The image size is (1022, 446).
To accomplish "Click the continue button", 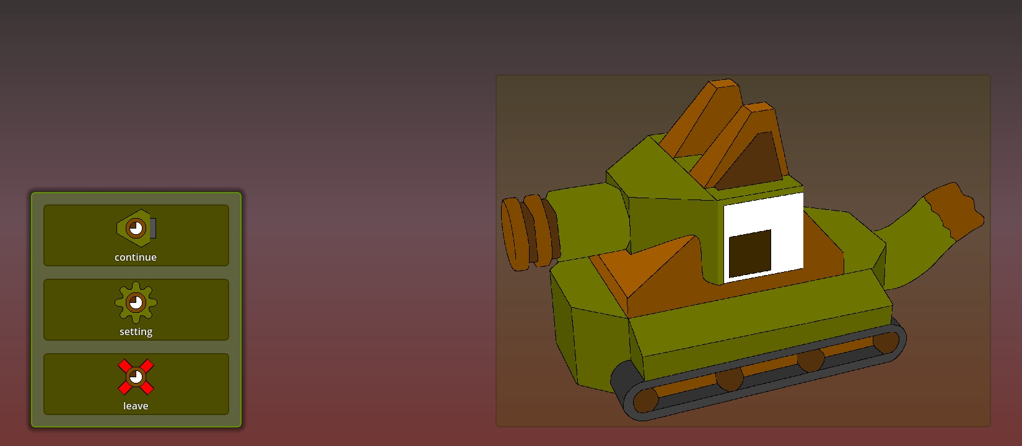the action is click(x=136, y=235).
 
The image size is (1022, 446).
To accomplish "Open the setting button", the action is click(x=136, y=310).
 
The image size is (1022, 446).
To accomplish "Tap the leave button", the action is click(x=136, y=384).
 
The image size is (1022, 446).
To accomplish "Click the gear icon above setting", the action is click(x=136, y=302).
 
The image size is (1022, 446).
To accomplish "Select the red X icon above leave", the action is click(x=136, y=377).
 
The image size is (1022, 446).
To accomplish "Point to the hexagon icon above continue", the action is click(x=136, y=228).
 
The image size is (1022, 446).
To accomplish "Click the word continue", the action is click(x=136, y=258).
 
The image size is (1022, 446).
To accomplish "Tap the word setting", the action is click(x=136, y=332).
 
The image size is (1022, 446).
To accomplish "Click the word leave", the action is click(x=136, y=406).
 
